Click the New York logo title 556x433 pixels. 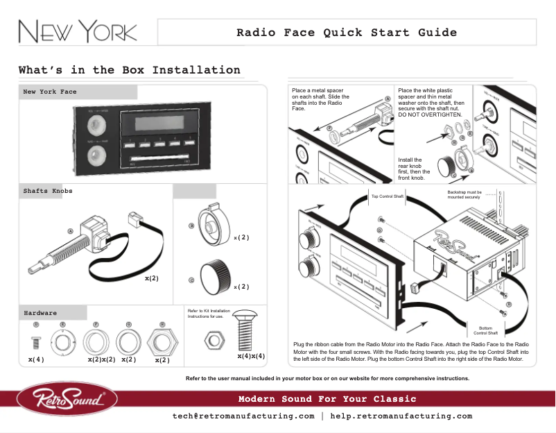77,33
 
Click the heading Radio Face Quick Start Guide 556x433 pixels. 347,33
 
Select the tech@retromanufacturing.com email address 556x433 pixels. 243,416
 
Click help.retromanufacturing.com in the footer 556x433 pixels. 401,416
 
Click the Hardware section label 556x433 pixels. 40,313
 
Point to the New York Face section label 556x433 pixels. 50,92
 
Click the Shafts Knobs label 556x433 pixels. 48,190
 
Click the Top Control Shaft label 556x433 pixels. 387,196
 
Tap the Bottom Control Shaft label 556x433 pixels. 485,330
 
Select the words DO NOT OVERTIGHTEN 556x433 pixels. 430,114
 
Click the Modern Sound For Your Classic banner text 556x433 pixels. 327,399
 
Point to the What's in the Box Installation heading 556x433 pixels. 130,70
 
